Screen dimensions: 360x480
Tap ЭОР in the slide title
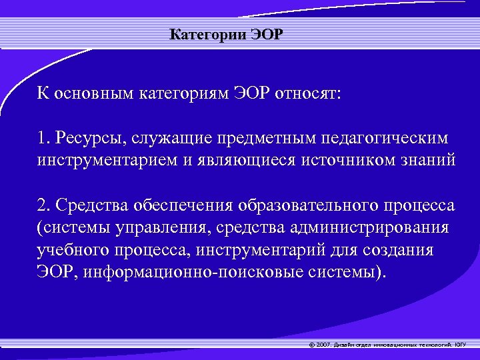(x=266, y=35)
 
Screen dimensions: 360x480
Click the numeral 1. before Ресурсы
(x=43, y=138)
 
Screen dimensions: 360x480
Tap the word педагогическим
(x=394, y=138)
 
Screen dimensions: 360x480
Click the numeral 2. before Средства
(x=44, y=205)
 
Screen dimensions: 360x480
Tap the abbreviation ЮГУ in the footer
(x=461, y=345)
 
